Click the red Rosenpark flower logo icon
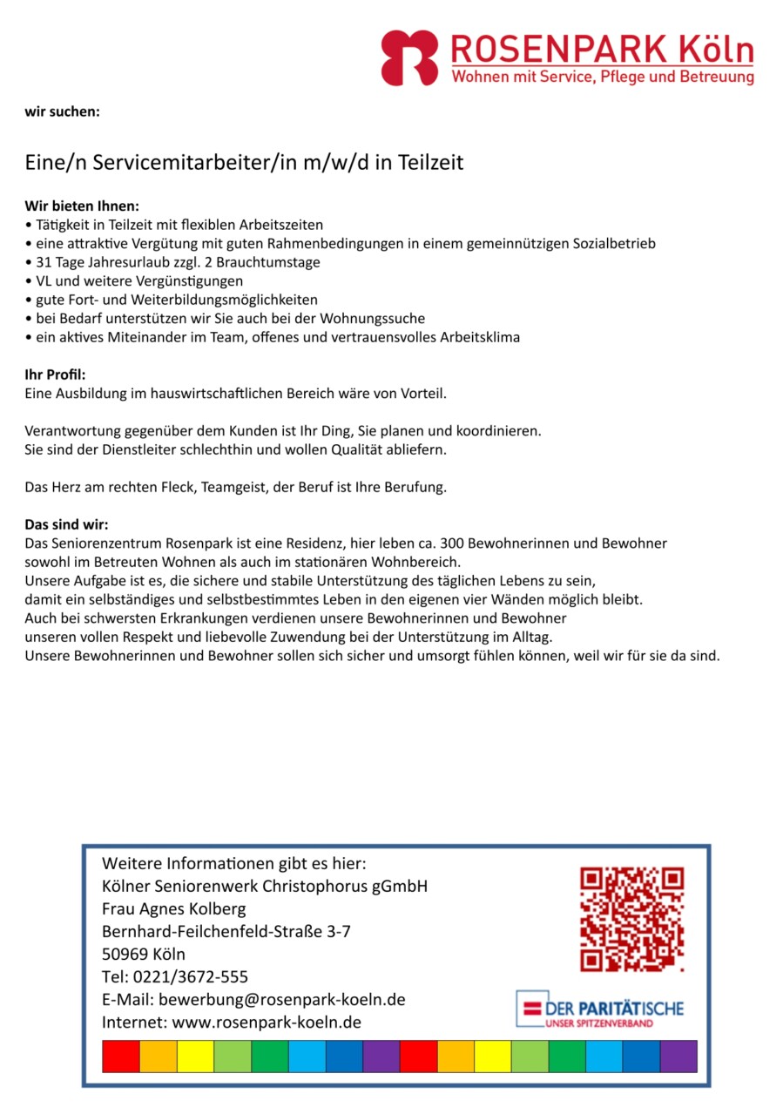408,57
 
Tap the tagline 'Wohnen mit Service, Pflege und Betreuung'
602,78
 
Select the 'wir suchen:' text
62,111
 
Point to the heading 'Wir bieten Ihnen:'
81,206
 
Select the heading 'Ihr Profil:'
55,375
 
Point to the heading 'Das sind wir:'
66,524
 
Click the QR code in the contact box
631,919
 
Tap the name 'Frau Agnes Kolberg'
174,908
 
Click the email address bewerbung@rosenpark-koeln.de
280,999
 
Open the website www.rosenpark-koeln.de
267,1022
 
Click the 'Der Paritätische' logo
600,1009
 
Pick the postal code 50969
125,954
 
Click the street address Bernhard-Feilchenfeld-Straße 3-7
226,931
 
